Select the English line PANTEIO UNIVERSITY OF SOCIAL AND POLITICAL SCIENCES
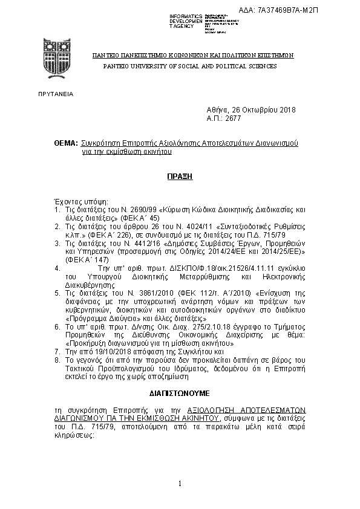click(x=190, y=66)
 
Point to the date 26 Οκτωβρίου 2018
click(x=269, y=110)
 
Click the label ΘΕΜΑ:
click(x=65, y=144)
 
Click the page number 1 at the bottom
click(x=180, y=484)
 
